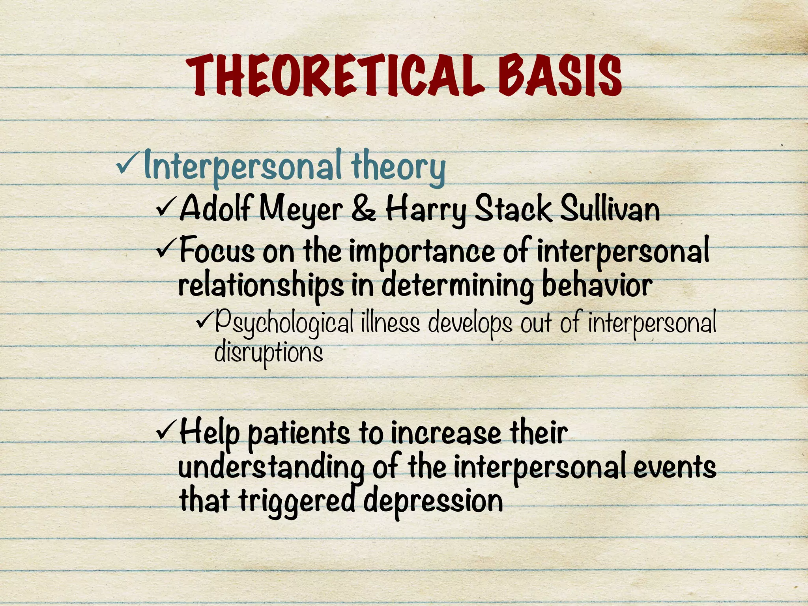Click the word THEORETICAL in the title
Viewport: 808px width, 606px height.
pyautogui.click(x=335, y=77)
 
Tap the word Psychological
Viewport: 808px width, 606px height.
pyautogui.click(x=284, y=324)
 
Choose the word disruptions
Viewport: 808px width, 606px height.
pyautogui.click(x=268, y=352)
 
